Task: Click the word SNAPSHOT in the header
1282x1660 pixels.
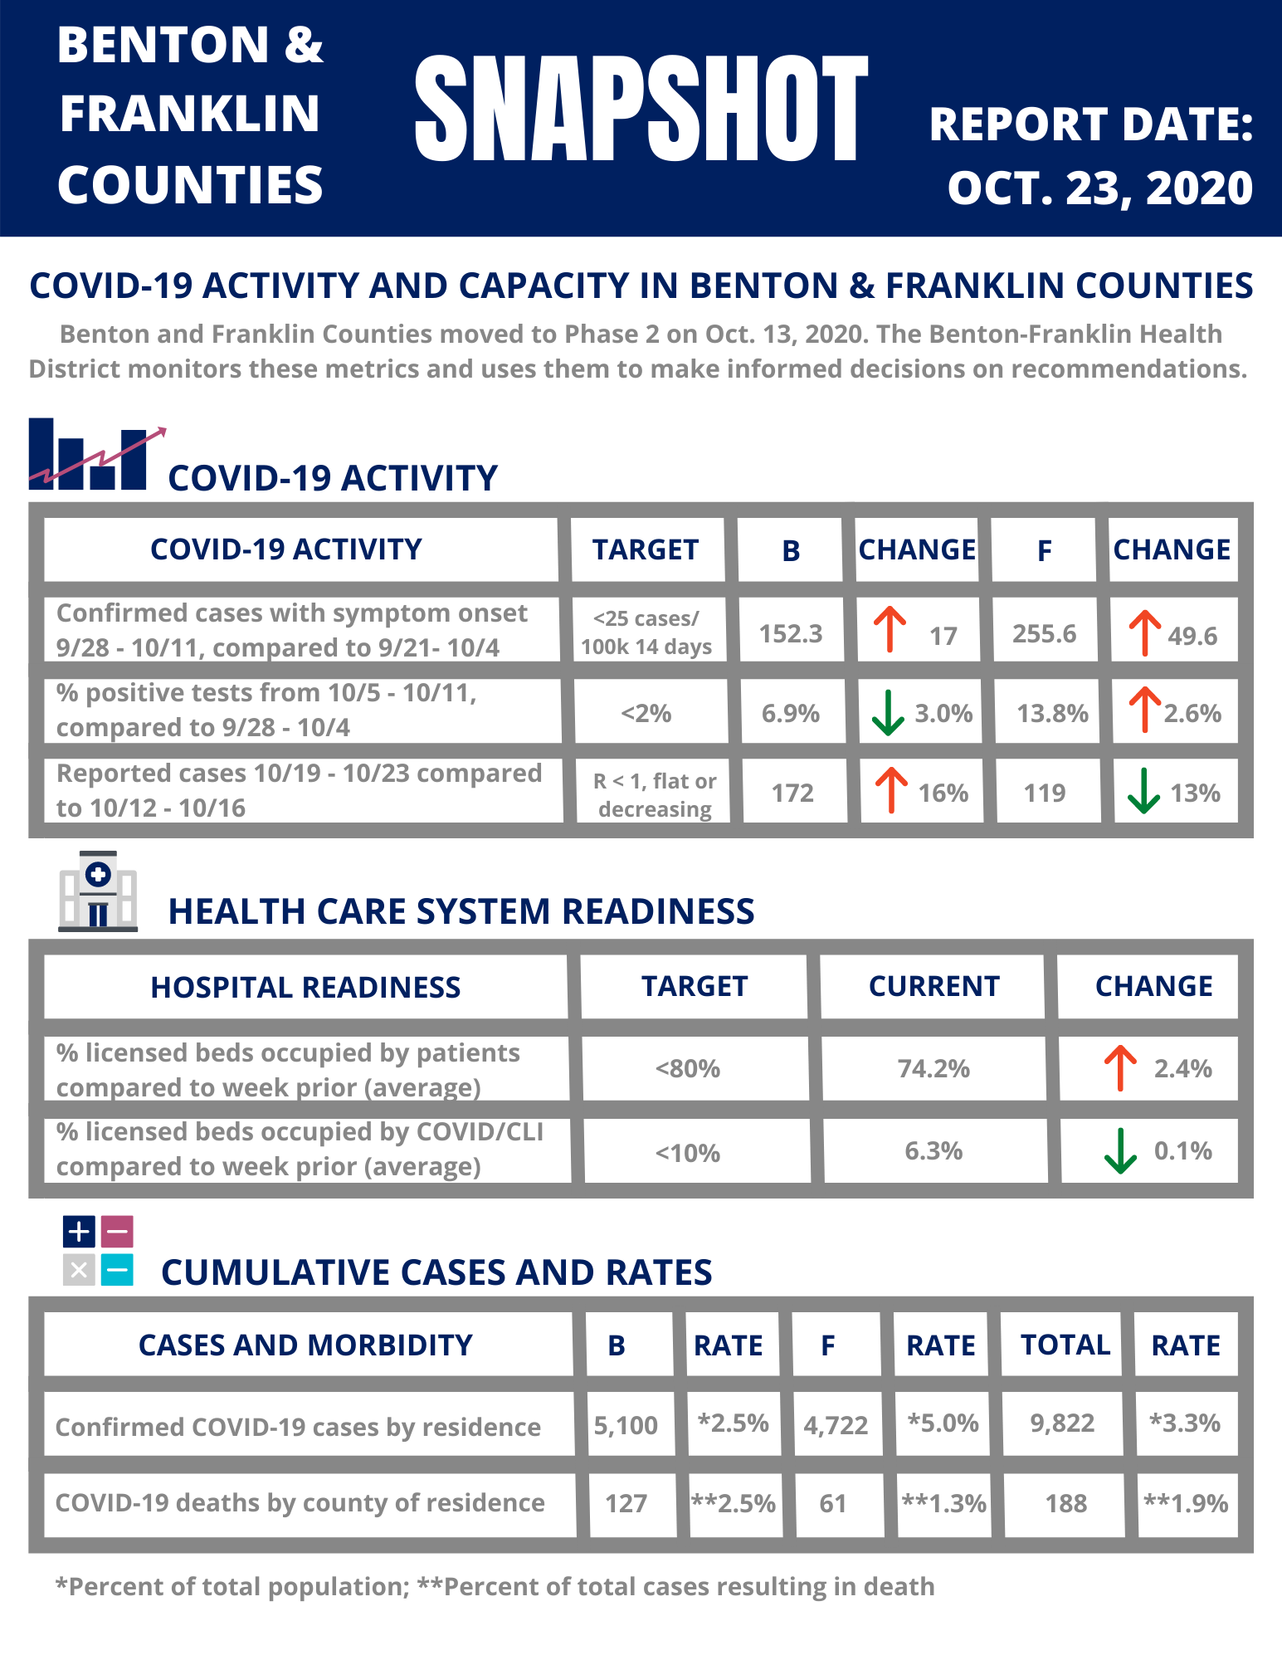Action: [x=641, y=109]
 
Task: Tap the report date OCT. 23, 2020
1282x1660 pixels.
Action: [x=1100, y=188]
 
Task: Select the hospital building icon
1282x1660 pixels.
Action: [x=98, y=891]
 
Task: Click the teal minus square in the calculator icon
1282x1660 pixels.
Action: [x=117, y=1269]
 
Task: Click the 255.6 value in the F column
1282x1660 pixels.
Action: [x=1045, y=633]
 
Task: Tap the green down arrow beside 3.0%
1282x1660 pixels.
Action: [x=888, y=713]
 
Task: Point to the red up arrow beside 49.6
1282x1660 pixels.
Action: [x=1144, y=633]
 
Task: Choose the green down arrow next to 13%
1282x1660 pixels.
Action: [x=1143, y=791]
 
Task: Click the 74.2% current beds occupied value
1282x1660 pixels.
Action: [x=933, y=1068]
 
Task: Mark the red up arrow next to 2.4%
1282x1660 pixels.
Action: [x=1120, y=1068]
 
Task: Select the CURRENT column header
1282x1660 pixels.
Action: [x=933, y=986]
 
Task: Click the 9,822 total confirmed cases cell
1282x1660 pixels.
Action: [x=1063, y=1423]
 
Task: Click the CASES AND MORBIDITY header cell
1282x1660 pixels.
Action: [x=307, y=1345]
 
